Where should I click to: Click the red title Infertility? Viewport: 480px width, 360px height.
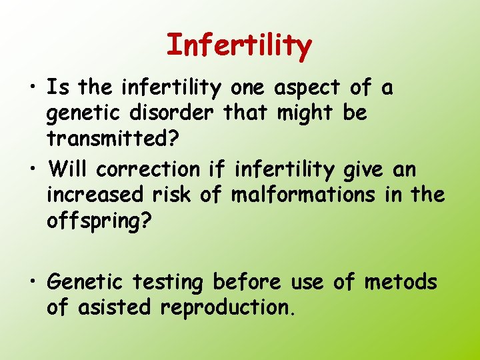click(x=239, y=45)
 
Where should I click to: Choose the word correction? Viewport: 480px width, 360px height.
click(x=148, y=169)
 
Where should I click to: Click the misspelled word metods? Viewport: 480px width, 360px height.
click(x=401, y=283)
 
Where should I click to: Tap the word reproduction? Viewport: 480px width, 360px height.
click(x=227, y=307)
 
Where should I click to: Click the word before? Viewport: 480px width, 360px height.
click(x=247, y=283)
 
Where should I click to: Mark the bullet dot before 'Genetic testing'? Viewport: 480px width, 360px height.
click(x=32, y=283)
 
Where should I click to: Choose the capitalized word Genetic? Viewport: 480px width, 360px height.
click(x=85, y=283)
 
